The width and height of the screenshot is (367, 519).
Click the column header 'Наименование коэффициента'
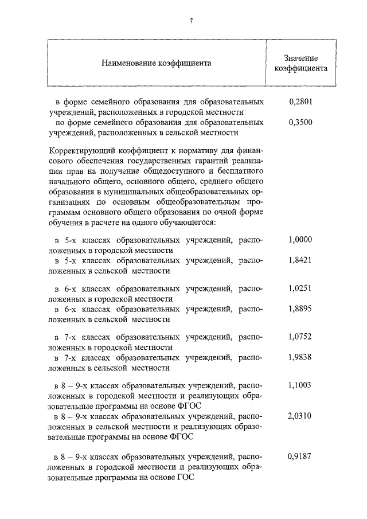click(157, 63)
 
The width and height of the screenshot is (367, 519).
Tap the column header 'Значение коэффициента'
click(301, 63)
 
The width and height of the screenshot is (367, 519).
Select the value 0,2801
click(300, 102)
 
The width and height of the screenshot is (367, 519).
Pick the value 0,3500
click(300, 122)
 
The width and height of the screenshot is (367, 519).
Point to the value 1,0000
click(300, 240)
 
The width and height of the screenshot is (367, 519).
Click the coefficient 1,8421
click(300, 261)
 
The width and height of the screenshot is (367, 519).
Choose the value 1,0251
click(300, 288)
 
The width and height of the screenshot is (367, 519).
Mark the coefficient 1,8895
click(300, 309)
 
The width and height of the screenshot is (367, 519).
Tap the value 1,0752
click(300, 337)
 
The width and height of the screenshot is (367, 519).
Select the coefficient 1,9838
click(300, 357)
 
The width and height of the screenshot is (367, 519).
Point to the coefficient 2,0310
click(300, 416)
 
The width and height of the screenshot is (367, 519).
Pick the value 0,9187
click(300, 457)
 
